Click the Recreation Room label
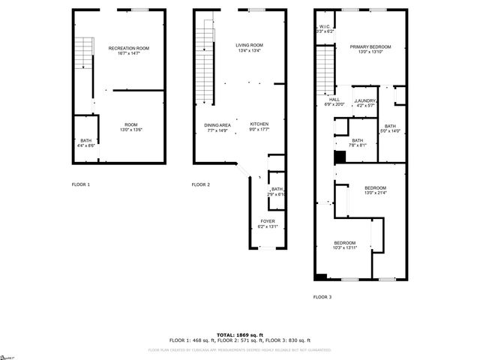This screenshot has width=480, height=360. [x=128, y=48]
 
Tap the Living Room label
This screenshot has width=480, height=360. [x=249, y=45]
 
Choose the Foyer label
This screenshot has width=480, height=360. [x=267, y=221]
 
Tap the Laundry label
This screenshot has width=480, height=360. [x=365, y=100]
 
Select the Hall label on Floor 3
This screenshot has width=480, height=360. [x=334, y=100]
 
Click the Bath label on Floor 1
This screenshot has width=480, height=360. [x=86, y=141]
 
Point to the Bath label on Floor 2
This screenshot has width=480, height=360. [x=277, y=189]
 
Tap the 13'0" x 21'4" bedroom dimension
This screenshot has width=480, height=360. [x=375, y=193]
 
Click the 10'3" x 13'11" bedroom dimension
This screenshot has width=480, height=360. [x=344, y=247]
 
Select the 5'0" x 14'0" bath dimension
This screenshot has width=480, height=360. [x=390, y=131]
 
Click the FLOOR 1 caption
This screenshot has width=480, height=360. [x=80, y=184]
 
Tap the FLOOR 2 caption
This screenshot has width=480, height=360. [x=200, y=184]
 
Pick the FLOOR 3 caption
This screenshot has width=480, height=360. [x=322, y=297]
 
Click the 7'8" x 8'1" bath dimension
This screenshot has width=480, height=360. [x=357, y=145]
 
